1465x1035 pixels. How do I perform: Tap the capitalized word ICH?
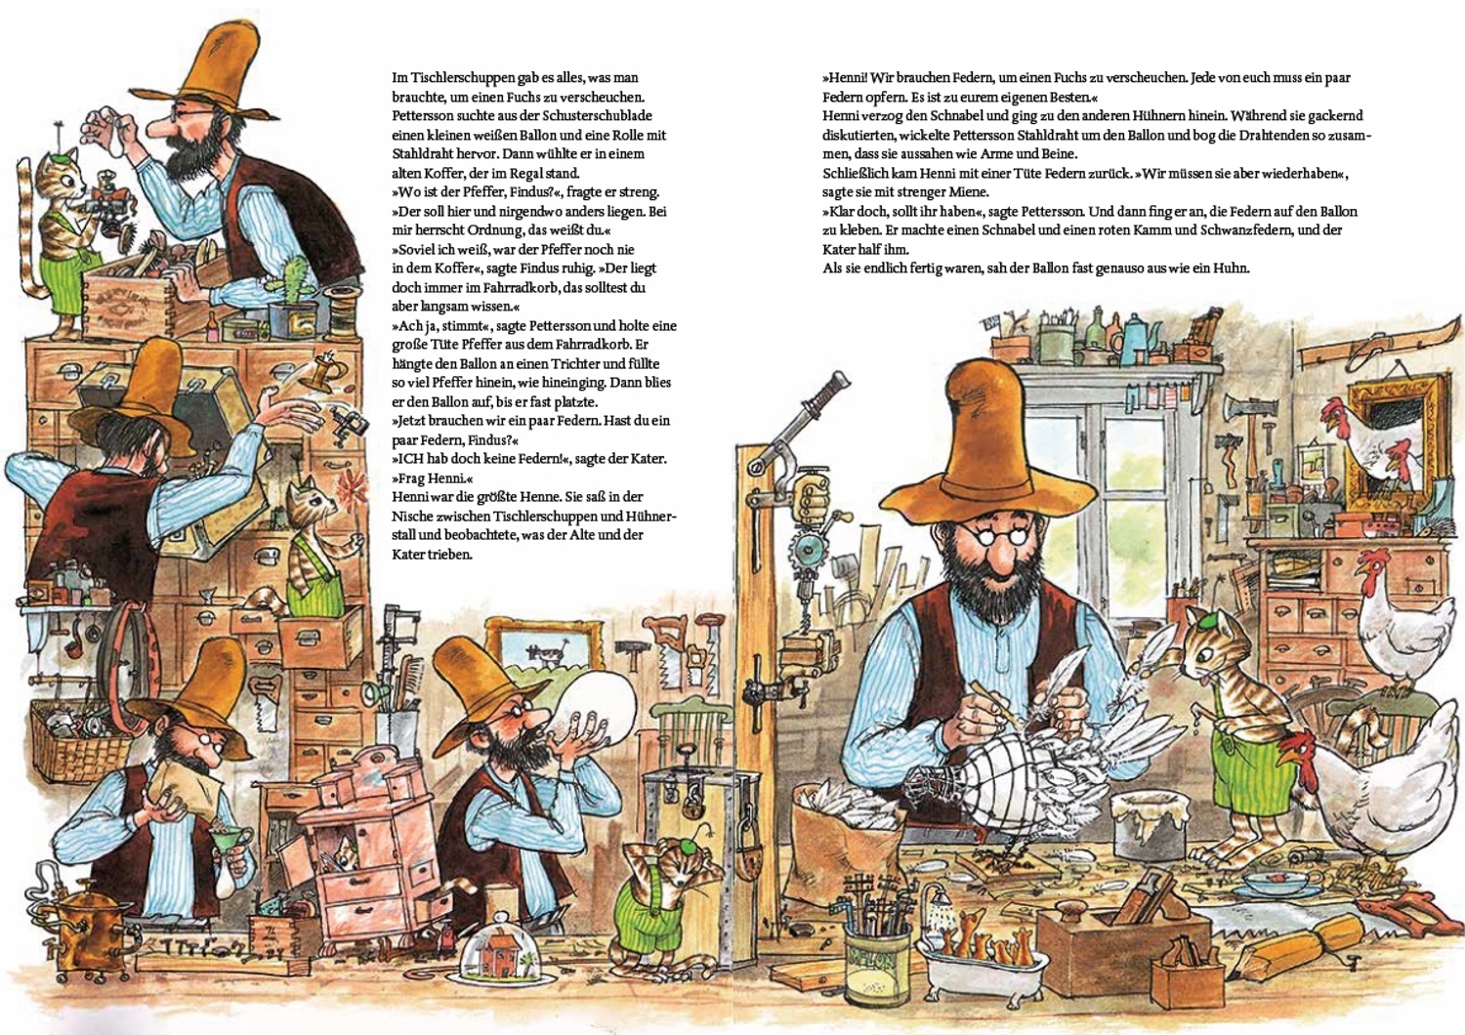[407, 458]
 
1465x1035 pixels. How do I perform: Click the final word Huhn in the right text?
[1235, 269]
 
